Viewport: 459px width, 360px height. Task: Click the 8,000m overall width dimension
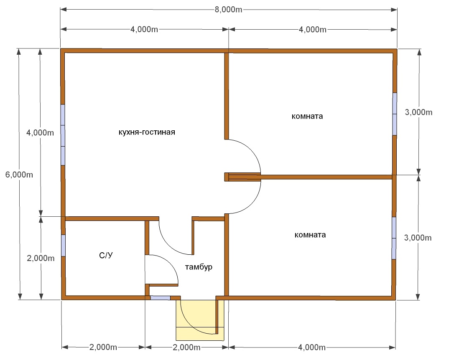click(x=228, y=10)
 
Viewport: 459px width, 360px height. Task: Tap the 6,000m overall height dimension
click(x=19, y=175)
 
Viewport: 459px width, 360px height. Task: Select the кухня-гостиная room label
click(x=147, y=132)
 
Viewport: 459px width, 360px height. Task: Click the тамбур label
click(x=199, y=267)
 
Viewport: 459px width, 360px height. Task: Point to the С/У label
click(x=106, y=255)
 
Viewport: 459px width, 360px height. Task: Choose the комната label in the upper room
click(x=307, y=116)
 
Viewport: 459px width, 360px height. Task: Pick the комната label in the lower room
click(x=310, y=235)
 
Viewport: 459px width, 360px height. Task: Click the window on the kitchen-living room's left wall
click(x=63, y=135)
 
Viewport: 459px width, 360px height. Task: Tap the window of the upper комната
click(x=395, y=114)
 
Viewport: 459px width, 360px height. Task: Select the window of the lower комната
click(x=394, y=238)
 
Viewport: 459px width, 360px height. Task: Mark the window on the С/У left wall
click(x=63, y=246)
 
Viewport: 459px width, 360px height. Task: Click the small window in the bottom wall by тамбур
click(x=161, y=298)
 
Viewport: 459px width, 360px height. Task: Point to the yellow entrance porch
click(x=200, y=320)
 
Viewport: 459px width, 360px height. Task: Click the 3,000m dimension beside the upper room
click(x=418, y=112)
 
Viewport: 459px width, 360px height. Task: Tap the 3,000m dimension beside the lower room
click(x=418, y=238)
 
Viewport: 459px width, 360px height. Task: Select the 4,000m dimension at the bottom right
click(x=312, y=347)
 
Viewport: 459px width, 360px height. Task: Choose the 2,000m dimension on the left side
click(x=41, y=258)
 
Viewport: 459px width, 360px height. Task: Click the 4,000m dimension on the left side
click(x=40, y=133)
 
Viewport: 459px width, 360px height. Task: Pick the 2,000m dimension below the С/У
click(x=103, y=347)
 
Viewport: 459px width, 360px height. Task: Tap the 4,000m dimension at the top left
click(x=144, y=29)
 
